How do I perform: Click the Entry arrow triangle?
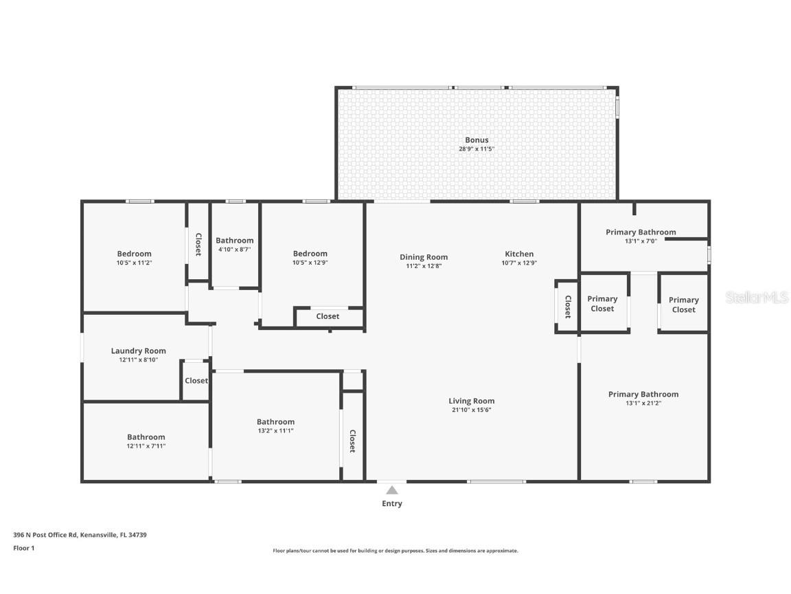(x=392, y=490)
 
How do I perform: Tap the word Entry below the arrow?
(x=392, y=503)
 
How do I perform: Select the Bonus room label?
(x=477, y=140)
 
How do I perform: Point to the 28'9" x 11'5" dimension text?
(x=477, y=149)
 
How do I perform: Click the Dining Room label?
(x=424, y=257)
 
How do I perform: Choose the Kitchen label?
(x=519, y=254)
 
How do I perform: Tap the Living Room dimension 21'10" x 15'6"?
(x=472, y=410)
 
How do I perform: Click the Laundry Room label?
(x=138, y=351)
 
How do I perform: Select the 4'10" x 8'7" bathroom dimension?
(x=235, y=250)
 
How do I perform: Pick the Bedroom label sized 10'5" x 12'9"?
(x=310, y=254)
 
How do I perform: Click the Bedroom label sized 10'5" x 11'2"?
(x=134, y=254)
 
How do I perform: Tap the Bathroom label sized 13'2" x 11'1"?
(x=275, y=421)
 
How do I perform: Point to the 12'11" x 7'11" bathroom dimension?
(x=146, y=446)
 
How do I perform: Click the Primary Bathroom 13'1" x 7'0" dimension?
(x=641, y=241)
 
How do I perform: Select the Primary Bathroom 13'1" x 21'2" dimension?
(x=643, y=403)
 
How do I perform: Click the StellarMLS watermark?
(x=757, y=298)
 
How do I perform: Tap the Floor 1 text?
(x=24, y=548)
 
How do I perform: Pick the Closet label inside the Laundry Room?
(x=196, y=380)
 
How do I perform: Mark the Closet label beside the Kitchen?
(x=568, y=307)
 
